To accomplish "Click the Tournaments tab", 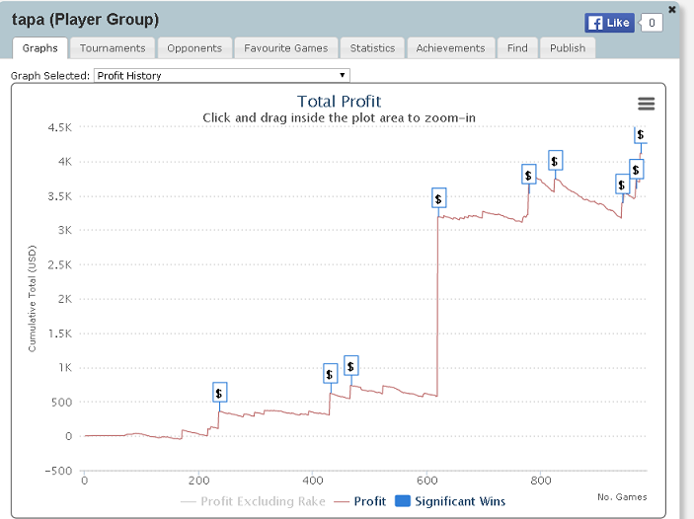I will point(113,48).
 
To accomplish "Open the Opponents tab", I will point(194,48).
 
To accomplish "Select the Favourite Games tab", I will point(286,48).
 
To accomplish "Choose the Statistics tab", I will point(372,48).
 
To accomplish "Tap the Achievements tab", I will point(450,48).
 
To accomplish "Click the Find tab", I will point(517,48).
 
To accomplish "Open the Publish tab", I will point(568,48).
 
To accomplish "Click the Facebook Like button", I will point(609,23).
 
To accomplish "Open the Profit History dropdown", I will point(221,75).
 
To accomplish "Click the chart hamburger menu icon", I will point(647,104).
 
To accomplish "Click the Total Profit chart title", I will point(339,101).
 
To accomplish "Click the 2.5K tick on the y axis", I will point(58,264).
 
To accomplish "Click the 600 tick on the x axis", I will point(426,481).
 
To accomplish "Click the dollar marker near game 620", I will point(439,198).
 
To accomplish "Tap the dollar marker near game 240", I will point(219,393).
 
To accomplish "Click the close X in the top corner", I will point(672,10).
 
